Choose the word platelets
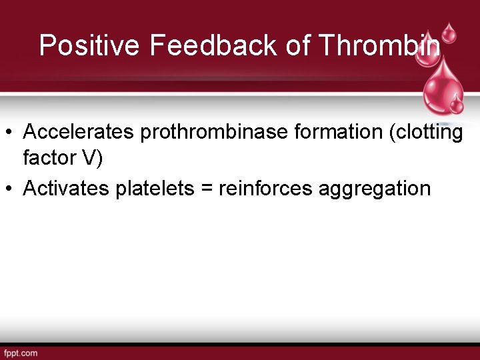click(x=147, y=189)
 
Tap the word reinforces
click(x=265, y=189)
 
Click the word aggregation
click(x=375, y=189)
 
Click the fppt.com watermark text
click(x=21, y=353)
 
